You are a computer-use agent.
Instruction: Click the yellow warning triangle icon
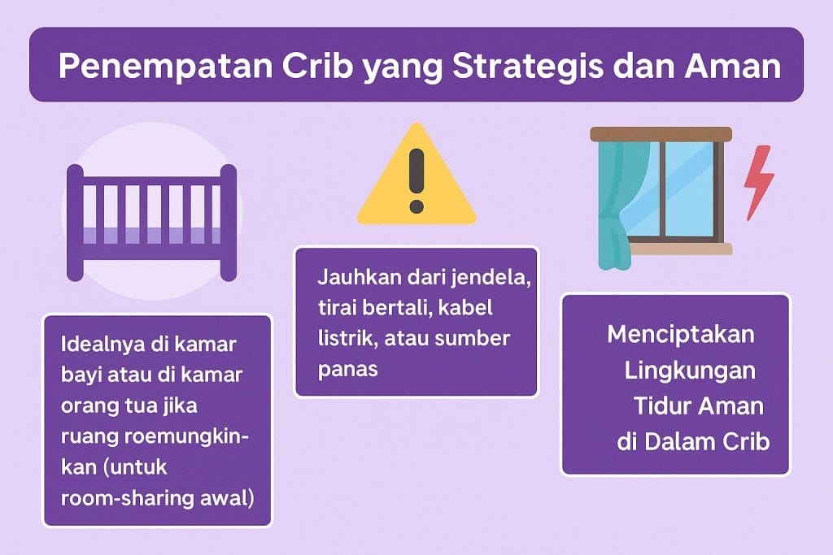(x=416, y=175)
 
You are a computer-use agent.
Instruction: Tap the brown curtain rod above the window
(x=661, y=134)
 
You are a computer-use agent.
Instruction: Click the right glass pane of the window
(x=689, y=189)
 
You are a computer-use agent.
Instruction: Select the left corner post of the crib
(x=75, y=223)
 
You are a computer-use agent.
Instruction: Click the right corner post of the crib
(x=229, y=223)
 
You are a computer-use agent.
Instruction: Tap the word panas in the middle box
(x=347, y=370)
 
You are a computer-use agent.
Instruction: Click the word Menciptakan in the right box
(x=681, y=334)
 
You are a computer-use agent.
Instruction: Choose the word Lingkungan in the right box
(x=690, y=371)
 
